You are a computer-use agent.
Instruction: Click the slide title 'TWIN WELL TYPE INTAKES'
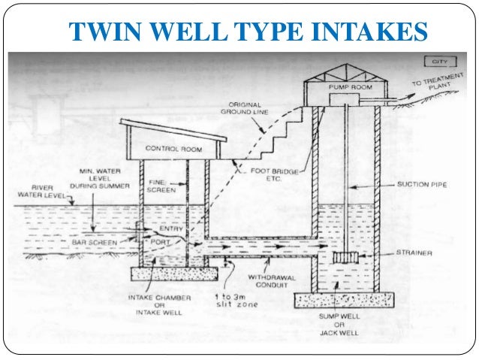pos(247,31)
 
